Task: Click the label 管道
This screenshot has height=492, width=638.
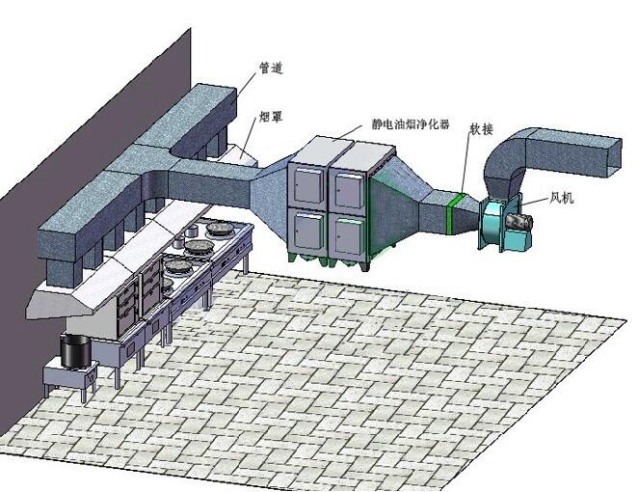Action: [271, 68]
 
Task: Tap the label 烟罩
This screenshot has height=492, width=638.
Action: [271, 118]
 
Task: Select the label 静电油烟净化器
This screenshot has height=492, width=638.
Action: [411, 123]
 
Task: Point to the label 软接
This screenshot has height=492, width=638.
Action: [482, 129]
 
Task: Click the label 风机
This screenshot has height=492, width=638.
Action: [562, 198]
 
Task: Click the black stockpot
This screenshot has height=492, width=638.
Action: [76, 351]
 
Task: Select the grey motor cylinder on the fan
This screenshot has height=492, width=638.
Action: [518, 223]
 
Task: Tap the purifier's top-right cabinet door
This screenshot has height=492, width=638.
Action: [349, 191]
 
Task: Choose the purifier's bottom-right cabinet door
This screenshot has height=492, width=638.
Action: [348, 236]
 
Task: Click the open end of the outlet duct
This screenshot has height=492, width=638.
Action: [614, 158]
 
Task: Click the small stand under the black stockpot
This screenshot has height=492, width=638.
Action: [70, 377]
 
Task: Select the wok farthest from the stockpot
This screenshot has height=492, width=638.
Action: [220, 229]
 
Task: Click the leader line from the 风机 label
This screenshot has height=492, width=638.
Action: [536, 202]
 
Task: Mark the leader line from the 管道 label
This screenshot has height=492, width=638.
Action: [246, 89]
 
